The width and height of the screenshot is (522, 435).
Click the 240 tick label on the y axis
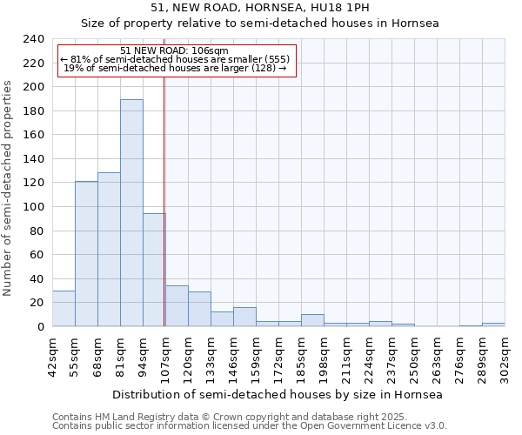click(x=33, y=39)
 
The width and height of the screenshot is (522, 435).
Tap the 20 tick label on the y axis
click(x=37, y=303)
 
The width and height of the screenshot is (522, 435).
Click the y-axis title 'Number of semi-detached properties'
click(x=8, y=188)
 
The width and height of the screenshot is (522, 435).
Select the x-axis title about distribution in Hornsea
click(x=278, y=394)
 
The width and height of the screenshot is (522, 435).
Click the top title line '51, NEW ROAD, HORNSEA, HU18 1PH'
click(x=260, y=8)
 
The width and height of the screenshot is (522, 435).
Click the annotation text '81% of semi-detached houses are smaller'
click(x=180, y=59)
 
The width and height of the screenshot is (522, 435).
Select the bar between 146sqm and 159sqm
click(x=244, y=318)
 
